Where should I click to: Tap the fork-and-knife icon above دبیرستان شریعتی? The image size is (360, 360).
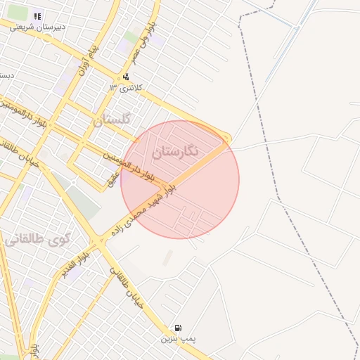point(37,15)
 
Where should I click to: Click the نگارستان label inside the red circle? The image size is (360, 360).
point(176,150)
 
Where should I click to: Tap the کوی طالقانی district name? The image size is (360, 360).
point(38,239)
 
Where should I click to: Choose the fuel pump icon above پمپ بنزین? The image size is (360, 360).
point(177,328)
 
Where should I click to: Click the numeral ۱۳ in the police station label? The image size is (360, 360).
point(112,87)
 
